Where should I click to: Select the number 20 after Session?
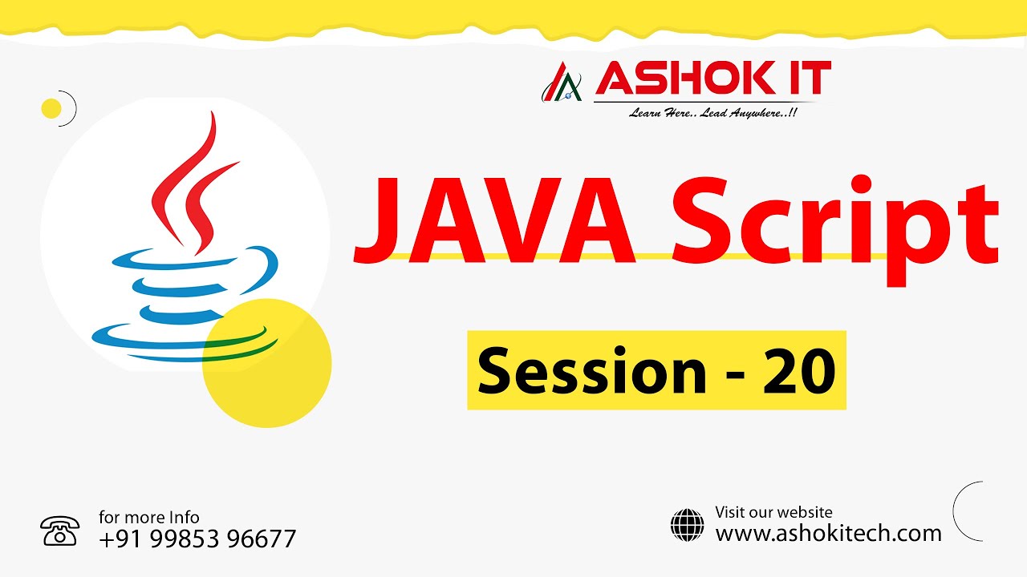coord(799,370)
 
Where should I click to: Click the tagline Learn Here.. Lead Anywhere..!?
coord(712,113)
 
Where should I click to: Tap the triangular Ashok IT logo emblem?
coord(562,84)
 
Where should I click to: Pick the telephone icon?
coord(59,531)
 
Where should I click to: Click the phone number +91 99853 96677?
coord(197,539)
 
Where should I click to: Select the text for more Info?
coord(149,517)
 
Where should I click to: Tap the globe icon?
coord(687,525)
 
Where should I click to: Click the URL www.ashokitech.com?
coord(828,533)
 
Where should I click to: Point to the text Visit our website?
coord(773,512)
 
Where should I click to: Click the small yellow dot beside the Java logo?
coord(51,108)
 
